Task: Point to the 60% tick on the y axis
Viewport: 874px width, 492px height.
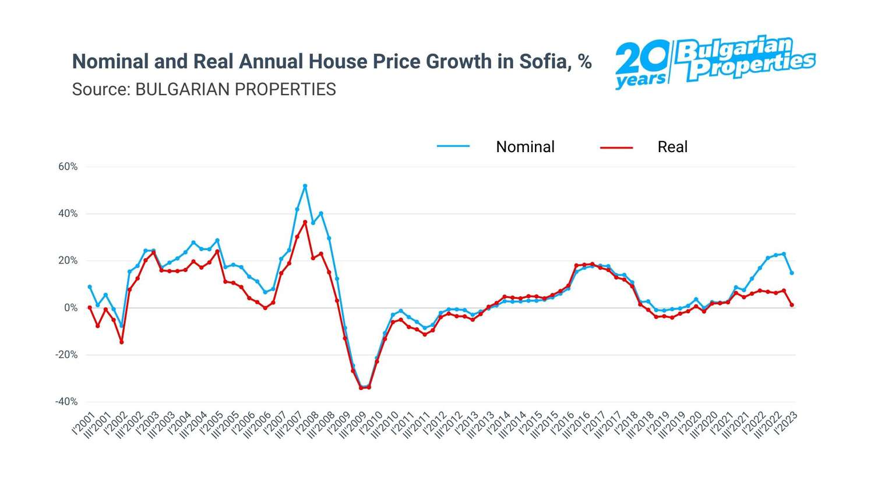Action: [x=68, y=167]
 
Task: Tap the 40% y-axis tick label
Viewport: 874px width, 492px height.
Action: [x=68, y=214]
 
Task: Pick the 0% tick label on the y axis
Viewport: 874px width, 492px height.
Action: [x=71, y=308]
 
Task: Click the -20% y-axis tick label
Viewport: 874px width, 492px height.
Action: [x=66, y=355]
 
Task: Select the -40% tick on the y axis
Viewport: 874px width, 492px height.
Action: [x=66, y=402]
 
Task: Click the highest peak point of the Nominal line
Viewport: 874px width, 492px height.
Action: [x=305, y=186]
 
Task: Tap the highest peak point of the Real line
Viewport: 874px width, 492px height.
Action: [x=305, y=222]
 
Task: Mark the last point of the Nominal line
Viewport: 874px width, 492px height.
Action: [x=792, y=273]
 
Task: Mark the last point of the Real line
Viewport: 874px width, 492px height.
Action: [x=792, y=305]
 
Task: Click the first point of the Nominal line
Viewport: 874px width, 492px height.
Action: [x=90, y=287]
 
